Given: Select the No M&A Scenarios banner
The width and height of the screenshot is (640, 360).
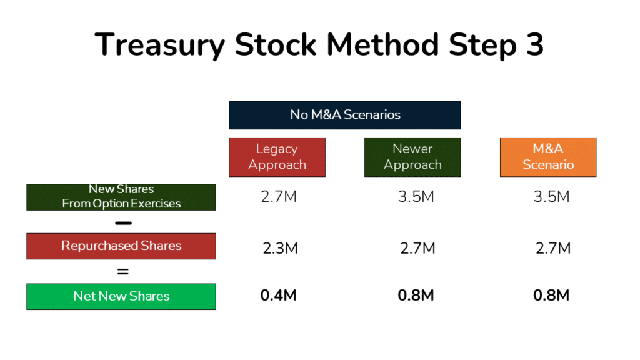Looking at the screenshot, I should coord(345,115).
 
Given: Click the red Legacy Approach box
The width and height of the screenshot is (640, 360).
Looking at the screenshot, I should coord(277,157).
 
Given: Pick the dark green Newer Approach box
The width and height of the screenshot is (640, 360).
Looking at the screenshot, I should coord(412,157).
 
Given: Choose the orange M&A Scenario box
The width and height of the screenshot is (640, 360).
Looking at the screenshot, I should coord(548,157).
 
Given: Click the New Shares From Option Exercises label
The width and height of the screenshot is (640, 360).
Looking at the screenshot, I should coord(121,197).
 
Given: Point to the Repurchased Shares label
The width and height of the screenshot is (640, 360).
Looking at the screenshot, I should coord(121,246).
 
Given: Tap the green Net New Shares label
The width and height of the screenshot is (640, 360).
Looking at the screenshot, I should coord(121,296).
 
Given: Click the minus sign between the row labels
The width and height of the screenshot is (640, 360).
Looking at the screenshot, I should coord(123,222).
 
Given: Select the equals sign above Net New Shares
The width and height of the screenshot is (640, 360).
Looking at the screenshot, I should coord(123,272).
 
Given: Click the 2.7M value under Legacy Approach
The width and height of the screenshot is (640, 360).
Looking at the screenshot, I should coord(279,197).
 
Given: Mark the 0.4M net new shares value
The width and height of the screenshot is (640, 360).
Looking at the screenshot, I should coord(279,296).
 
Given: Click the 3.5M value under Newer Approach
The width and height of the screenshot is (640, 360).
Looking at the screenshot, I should coord(416,197).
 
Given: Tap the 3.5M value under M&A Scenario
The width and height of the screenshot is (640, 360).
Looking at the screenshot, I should coord(551,197).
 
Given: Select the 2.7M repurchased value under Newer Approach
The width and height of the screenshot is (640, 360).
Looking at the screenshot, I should coord(417,248).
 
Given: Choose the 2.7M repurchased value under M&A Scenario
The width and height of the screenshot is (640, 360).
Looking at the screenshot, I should coord(553,248).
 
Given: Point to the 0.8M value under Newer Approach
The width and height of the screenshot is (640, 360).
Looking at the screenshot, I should coord(416,296).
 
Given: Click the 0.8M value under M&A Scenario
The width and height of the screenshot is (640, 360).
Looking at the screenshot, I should coord(551,296).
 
